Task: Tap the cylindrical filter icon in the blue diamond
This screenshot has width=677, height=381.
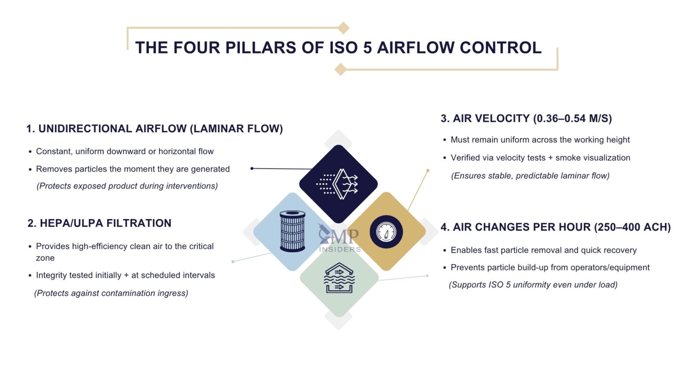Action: click(x=292, y=232)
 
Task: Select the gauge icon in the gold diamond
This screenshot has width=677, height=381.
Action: click(x=386, y=232)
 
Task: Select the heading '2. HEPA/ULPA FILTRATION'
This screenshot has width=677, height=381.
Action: click(x=99, y=223)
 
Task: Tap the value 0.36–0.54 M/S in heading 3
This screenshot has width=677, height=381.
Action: click(x=572, y=119)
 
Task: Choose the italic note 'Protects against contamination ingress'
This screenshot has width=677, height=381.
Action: click(x=111, y=293)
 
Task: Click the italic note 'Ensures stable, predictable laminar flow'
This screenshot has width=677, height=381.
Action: click(x=530, y=176)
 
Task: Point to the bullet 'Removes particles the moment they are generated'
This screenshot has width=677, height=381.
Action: click(x=133, y=169)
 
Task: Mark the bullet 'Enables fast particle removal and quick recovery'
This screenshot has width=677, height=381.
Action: click(x=543, y=250)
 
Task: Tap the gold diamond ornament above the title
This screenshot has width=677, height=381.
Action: click(x=343, y=28)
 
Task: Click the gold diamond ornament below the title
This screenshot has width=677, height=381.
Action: click(x=340, y=69)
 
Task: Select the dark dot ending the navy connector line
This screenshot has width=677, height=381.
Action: click(x=252, y=168)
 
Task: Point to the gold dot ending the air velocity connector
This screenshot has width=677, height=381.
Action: click(x=428, y=170)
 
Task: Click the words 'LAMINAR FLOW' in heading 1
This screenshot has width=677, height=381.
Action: click(x=236, y=129)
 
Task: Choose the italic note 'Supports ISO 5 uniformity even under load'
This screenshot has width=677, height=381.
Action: click(x=533, y=284)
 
